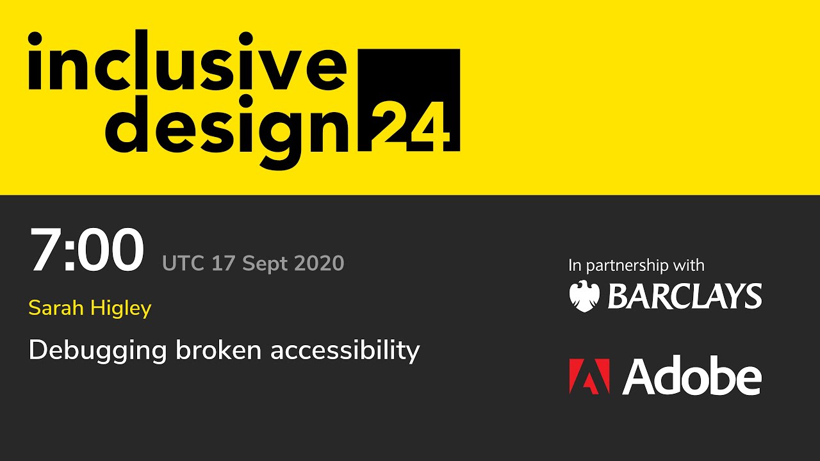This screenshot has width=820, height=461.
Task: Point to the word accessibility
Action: [345, 351]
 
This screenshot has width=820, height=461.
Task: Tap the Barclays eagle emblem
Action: [584, 296]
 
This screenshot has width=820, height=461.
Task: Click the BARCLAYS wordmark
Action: [684, 296]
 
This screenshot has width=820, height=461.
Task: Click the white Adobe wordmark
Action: [692, 376]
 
